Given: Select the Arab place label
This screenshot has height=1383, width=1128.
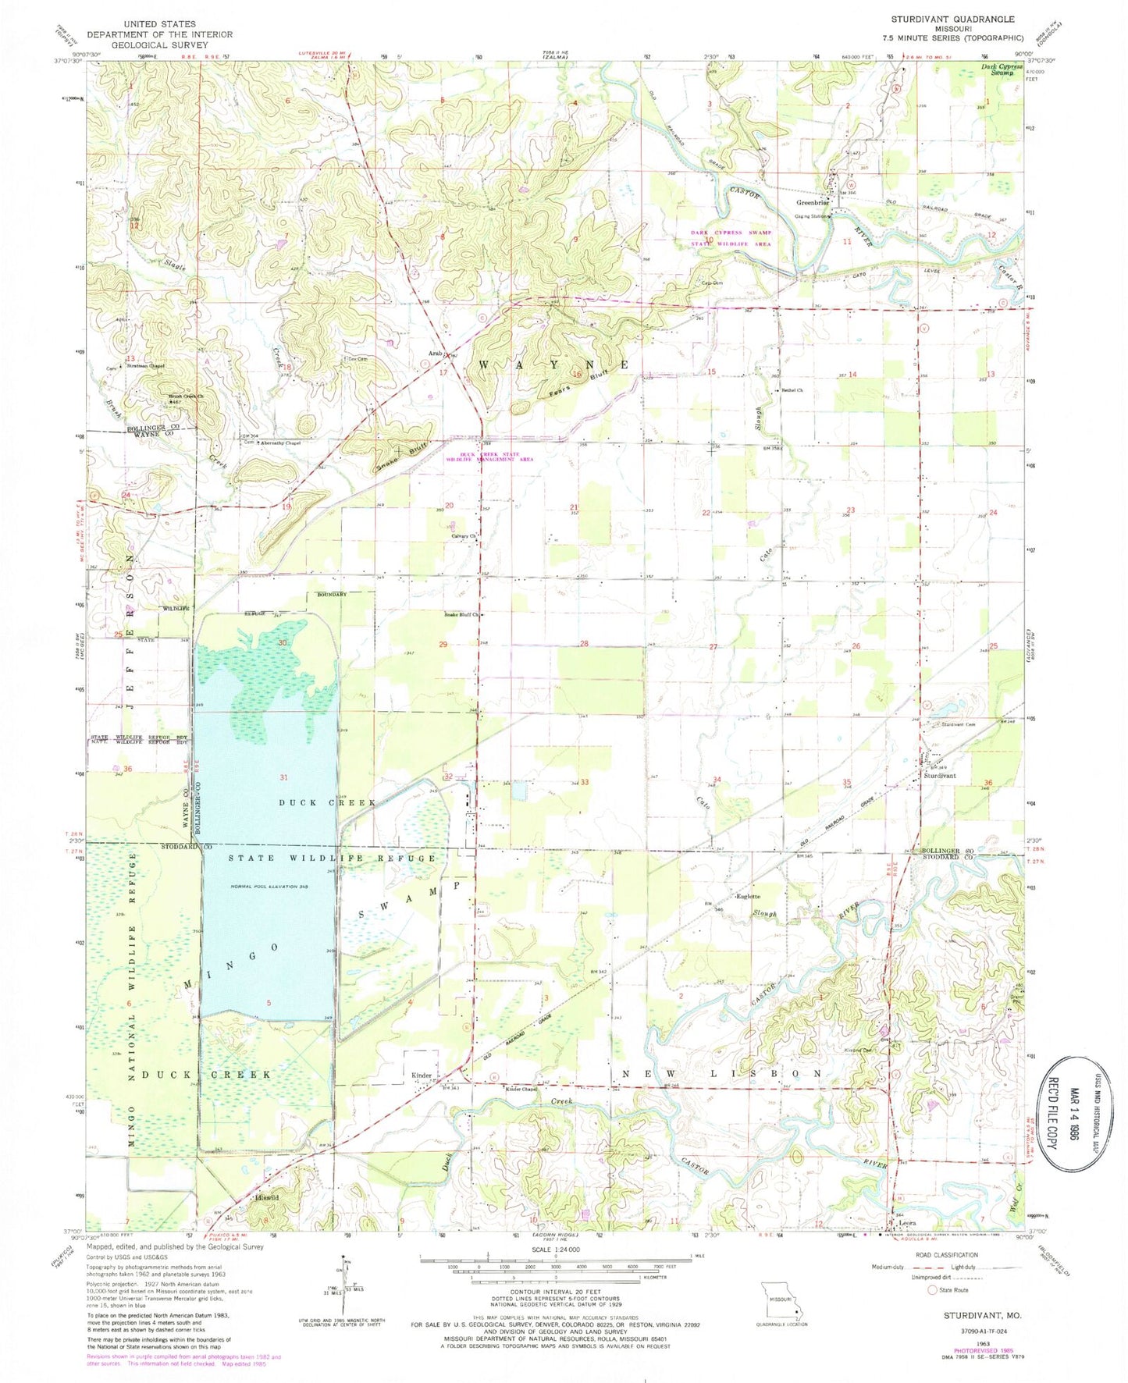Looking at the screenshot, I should click(434, 354).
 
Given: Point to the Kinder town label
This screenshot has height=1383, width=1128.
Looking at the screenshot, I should click(422, 1075).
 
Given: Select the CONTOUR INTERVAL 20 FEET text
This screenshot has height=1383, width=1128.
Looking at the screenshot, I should click(553, 1314).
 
